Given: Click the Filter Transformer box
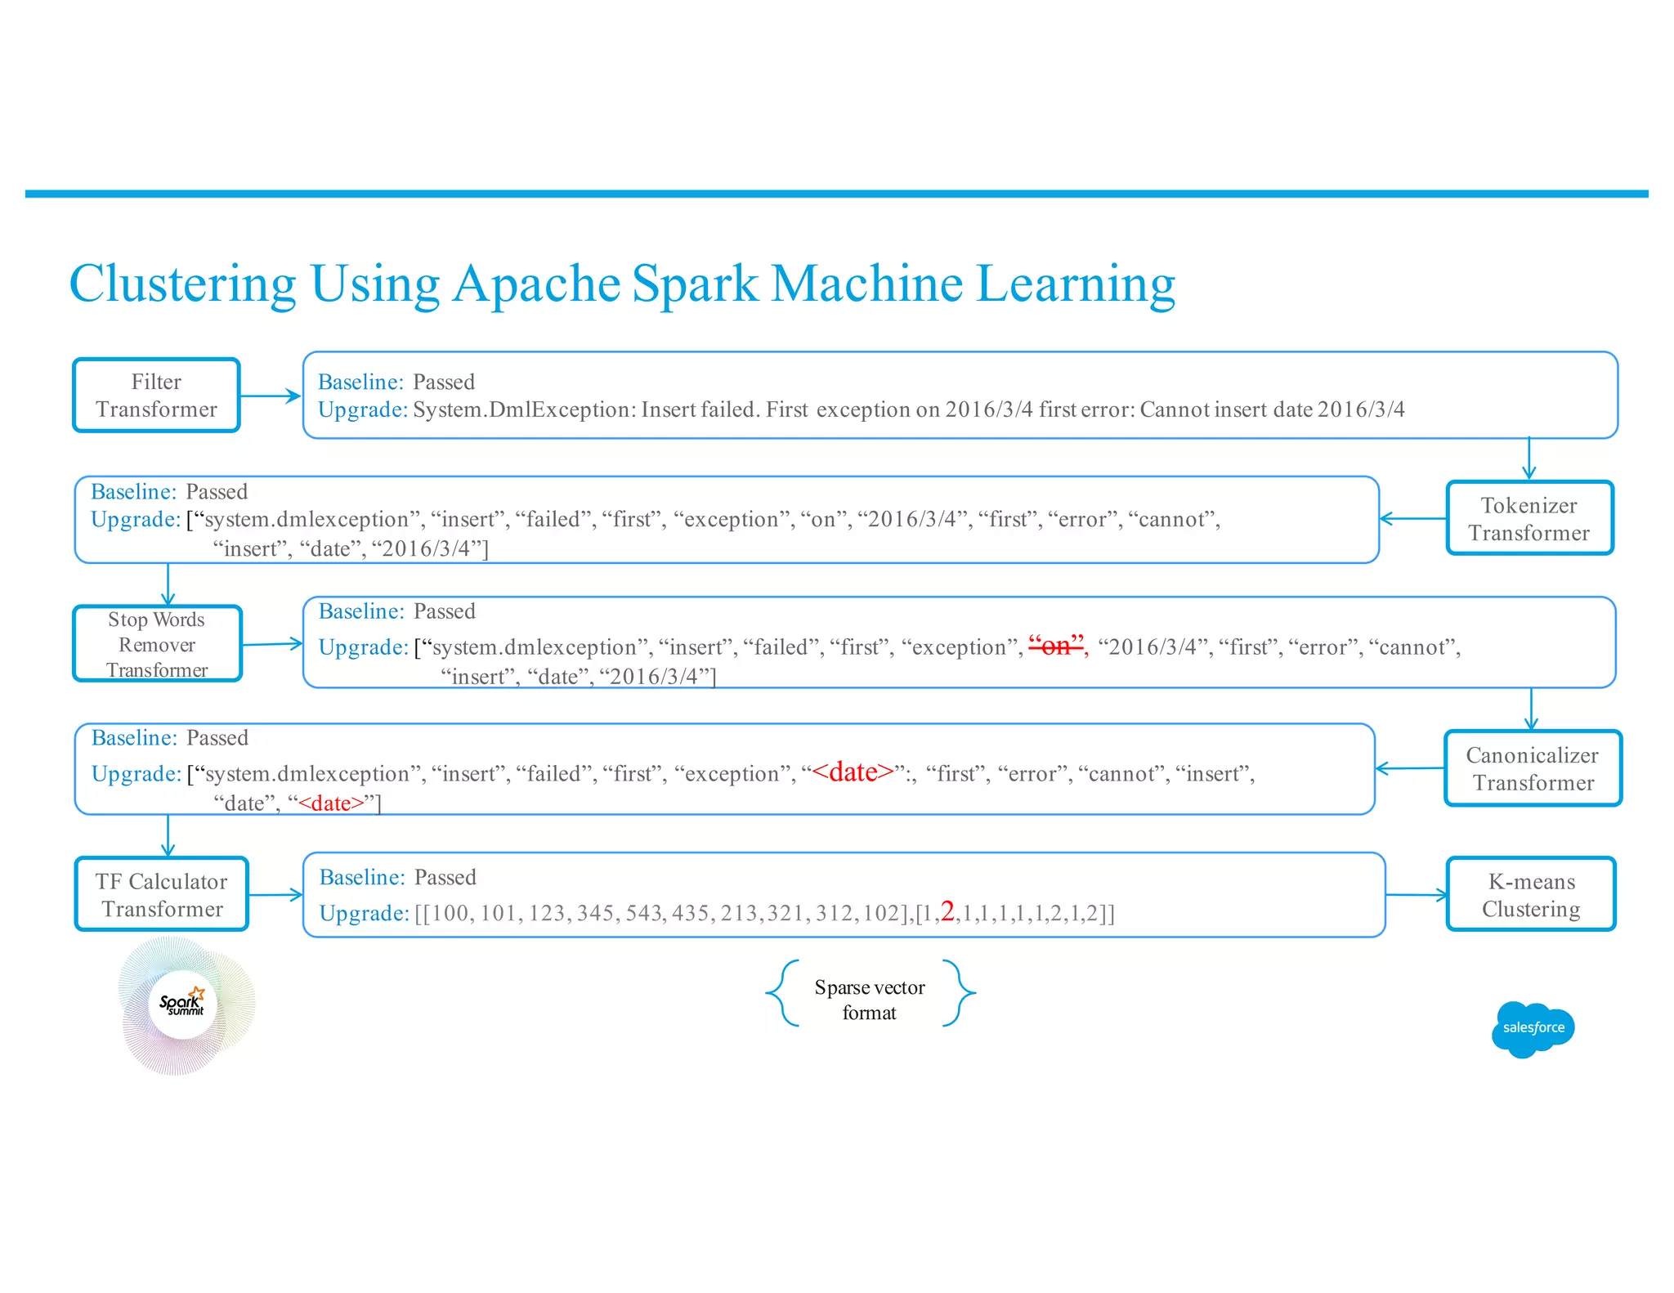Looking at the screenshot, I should tap(156, 396).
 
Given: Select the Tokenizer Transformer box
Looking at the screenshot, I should tap(1529, 519).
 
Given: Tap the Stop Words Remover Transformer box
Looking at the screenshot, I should tap(157, 644).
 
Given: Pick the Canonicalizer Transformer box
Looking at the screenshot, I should tap(1533, 769).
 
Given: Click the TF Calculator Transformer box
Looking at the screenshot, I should tap(162, 895).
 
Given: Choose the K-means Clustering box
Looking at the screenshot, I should tap(1531, 895).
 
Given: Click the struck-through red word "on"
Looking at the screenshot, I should tap(1056, 646).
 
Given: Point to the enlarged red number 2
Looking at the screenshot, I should tap(947, 910).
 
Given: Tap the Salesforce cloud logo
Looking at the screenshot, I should tap(1533, 1028).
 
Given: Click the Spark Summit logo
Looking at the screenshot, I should tap(184, 1005).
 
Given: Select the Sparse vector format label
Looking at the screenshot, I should tap(870, 1000).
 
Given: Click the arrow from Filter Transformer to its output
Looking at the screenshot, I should tap(271, 396).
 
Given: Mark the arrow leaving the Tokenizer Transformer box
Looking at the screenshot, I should tap(1412, 518).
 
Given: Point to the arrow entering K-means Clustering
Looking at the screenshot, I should tap(1417, 895).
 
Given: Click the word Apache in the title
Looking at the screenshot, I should tap(536, 284).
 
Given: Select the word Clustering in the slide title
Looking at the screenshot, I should tap(182, 284).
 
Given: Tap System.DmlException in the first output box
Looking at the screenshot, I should tap(523, 409).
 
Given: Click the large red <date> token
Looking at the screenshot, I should tap(853, 772).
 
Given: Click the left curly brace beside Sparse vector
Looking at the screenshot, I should tap(783, 993).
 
